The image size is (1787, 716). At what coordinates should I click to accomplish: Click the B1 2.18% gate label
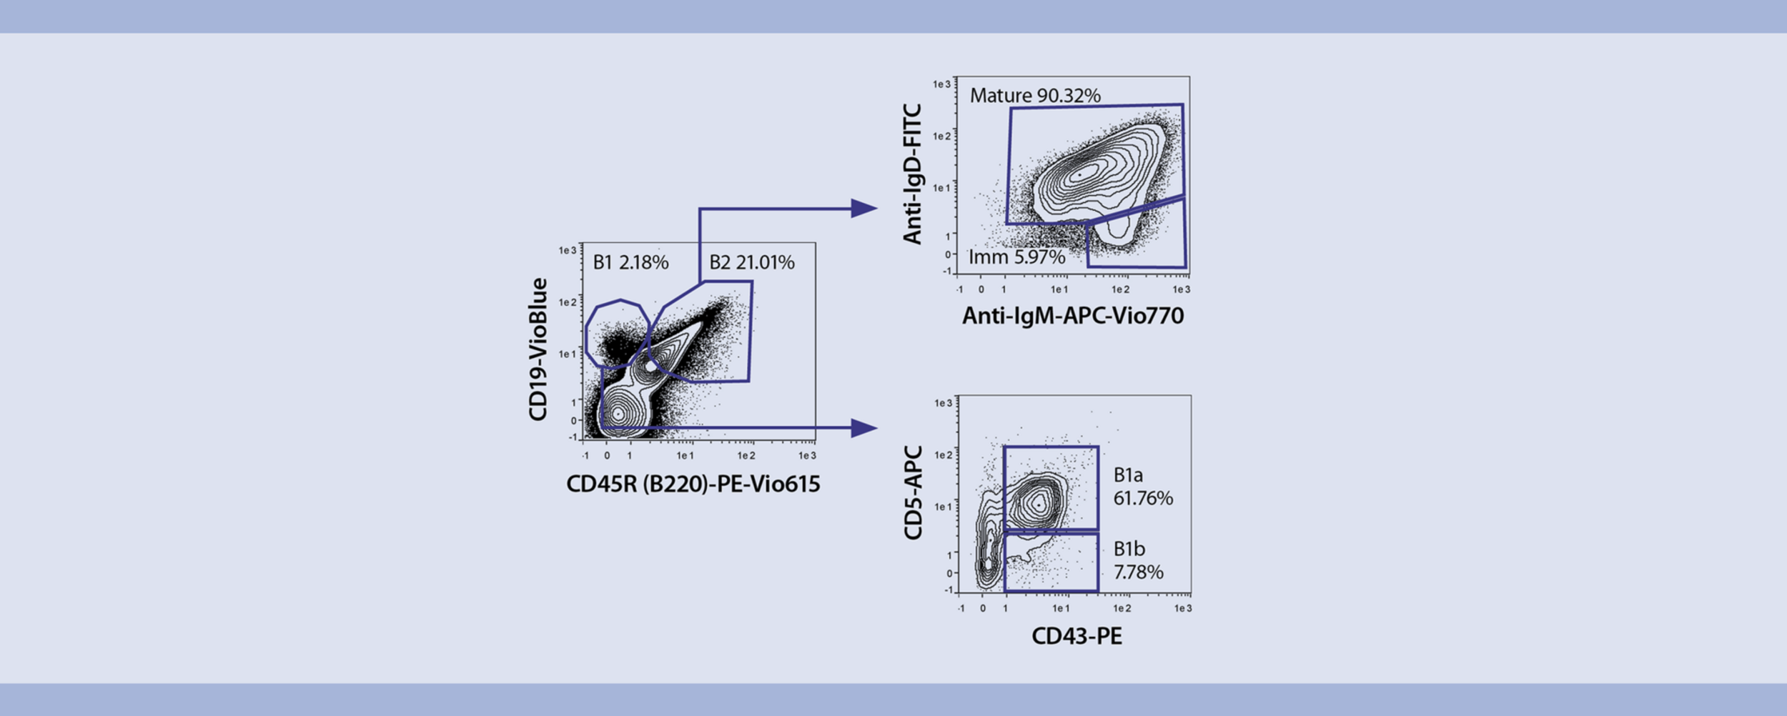coord(630,263)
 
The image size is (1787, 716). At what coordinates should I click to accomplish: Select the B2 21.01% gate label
coord(751,263)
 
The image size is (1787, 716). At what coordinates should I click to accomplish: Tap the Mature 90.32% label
coord(1034,96)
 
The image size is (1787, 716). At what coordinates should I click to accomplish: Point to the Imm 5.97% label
coord(1016,257)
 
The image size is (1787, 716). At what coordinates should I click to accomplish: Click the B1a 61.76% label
coord(1142,487)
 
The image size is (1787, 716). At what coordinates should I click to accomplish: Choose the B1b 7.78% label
coord(1138,560)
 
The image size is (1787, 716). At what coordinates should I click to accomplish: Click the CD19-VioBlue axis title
coord(538,349)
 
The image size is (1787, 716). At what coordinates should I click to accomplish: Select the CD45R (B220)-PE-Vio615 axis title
coord(693,484)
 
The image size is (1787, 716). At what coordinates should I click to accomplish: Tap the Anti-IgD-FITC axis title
coord(913,174)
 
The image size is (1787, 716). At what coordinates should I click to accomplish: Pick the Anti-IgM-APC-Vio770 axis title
coord(1072,316)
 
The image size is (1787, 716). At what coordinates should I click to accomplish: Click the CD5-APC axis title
coord(914,493)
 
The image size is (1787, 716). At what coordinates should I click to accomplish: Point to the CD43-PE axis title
coord(1076,636)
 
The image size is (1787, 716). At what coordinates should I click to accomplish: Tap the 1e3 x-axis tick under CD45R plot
coord(807,456)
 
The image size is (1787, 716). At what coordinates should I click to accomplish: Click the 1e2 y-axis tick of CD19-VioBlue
coord(568,303)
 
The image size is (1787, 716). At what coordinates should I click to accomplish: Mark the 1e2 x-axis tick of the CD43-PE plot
coord(1122,609)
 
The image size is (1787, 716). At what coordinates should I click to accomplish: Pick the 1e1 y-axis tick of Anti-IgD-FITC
coord(942,189)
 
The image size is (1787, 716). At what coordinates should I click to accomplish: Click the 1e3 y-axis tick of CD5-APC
coord(944,404)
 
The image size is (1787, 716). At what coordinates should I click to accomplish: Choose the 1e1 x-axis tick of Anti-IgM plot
coord(1059,290)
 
